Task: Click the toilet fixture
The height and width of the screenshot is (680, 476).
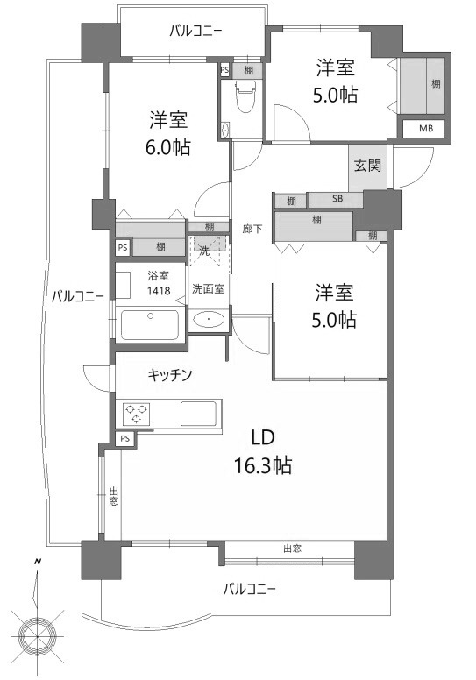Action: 246,96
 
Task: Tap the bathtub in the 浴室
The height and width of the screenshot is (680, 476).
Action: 150,324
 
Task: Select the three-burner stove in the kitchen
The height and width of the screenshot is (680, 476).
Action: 137,413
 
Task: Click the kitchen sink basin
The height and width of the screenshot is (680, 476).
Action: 199,414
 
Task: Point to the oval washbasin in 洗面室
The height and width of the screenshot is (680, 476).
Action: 209,321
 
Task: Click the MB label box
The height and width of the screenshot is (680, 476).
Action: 425,128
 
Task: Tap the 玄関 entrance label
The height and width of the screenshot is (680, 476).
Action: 367,166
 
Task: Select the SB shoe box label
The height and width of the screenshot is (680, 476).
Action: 337,199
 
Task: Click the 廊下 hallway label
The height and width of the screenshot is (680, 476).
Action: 252,228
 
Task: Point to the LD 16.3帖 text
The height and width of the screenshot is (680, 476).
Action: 263,451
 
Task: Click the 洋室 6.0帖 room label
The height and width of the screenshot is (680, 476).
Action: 168,132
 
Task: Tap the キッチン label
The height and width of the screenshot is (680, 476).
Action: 170,375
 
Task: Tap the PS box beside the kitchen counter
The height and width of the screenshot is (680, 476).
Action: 125,438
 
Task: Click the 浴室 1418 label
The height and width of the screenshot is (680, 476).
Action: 159,283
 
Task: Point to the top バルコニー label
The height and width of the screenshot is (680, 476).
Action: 196,32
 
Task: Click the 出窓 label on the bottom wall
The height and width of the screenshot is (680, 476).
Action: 292,549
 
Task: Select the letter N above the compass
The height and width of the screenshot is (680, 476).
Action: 38,562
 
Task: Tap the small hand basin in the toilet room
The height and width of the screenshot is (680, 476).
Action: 224,130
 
